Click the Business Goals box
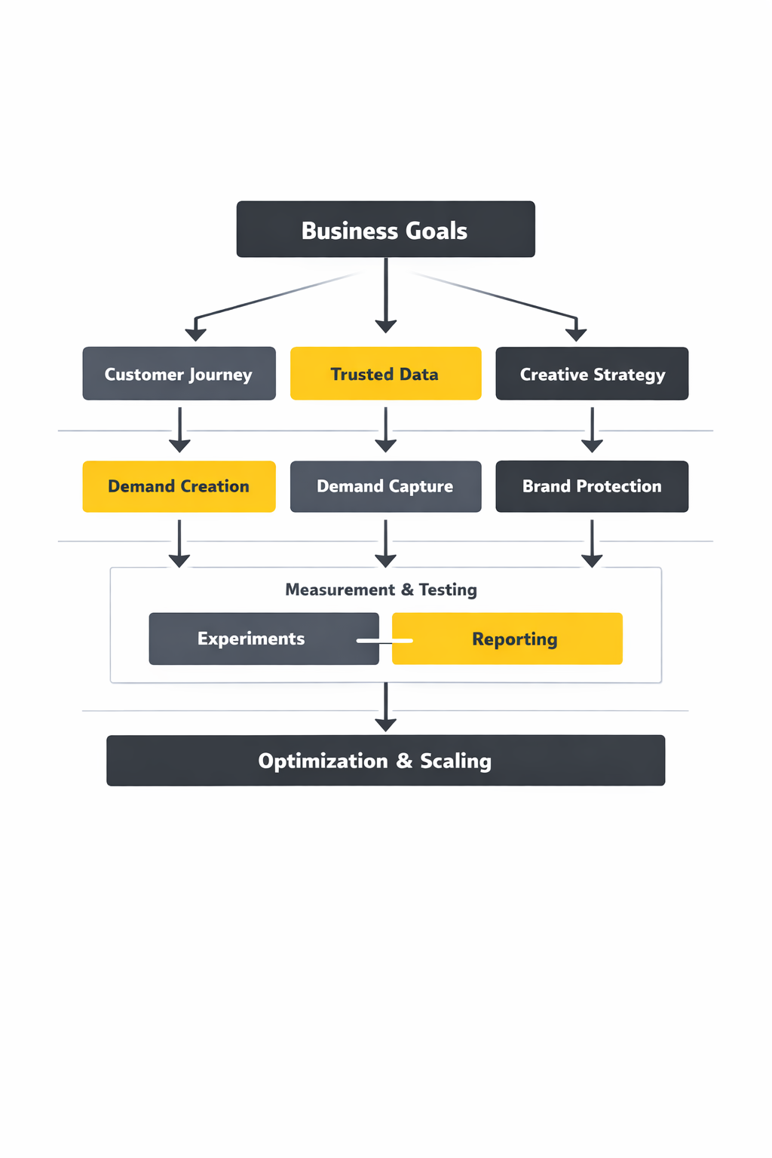(x=385, y=229)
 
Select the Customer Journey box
(x=179, y=373)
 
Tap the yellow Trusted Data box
(x=385, y=373)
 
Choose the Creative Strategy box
(x=592, y=373)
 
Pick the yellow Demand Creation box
(x=179, y=486)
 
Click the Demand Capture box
(x=385, y=486)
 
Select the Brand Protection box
(x=592, y=486)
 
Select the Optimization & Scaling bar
(x=385, y=760)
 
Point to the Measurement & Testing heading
(x=381, y=590)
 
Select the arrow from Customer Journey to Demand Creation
(x=179, y=430)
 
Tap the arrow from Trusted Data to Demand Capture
(x=386, y=430)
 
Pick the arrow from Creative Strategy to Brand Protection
(x=592, y=430)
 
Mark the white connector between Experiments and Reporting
(x=384, y=641)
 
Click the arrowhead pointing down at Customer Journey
(x=196, y=334)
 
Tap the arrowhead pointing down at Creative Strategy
(x=576, y=334)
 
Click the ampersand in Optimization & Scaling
(x=404, y=761)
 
